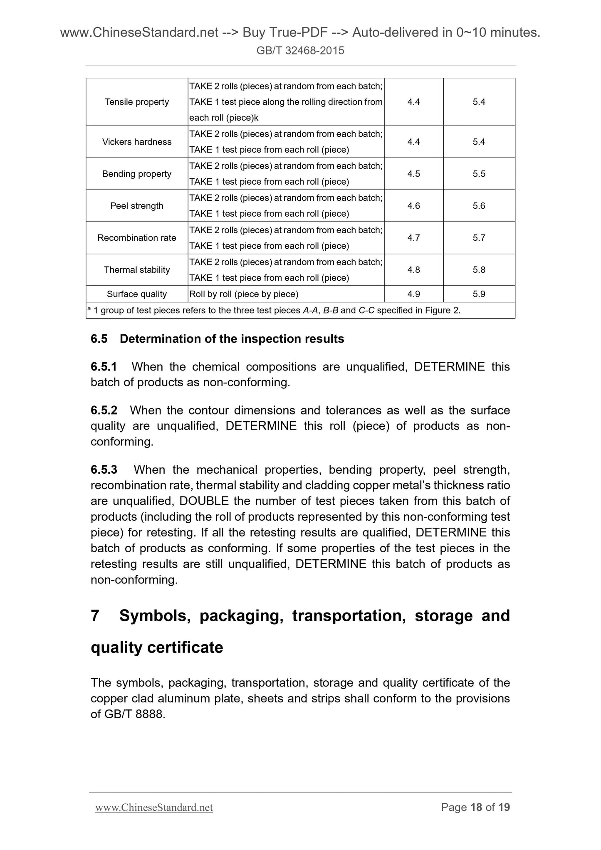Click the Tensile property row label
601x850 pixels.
coord(137,102)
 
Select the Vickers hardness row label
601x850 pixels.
coord(137,142)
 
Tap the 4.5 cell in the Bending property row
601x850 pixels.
coord(413,174)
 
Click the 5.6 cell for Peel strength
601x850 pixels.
coord(479,206)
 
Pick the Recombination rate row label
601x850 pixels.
coord(137,238)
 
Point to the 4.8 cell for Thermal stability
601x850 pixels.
coord(413,270)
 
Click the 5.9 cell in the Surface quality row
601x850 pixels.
coord(479,294)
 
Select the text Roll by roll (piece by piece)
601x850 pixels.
coord(244,294)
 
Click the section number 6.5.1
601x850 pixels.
coord(104,367)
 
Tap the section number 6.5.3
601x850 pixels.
coord(104,469)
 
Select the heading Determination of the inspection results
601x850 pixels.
coord(232,339)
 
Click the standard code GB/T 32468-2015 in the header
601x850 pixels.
coord(300,51)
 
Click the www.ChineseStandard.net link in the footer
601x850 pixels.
coord(154,807)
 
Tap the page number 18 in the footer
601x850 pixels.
coord(476,807)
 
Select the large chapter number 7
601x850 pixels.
coord(95,615)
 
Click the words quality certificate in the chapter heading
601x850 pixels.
coord(157,647)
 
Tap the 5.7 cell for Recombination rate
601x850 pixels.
coord(479,238)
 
